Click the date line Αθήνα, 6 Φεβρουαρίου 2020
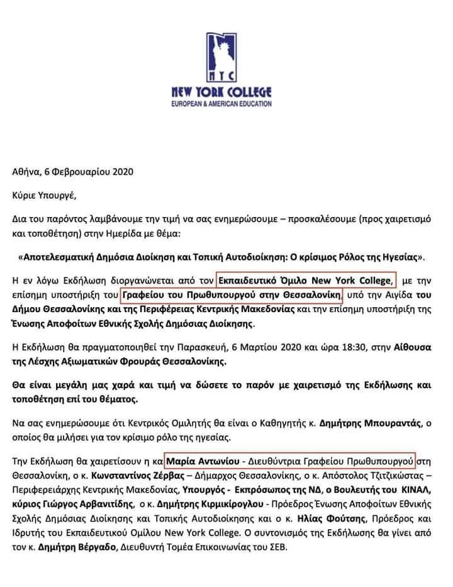point(73,171)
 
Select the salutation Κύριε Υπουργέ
point(44,193)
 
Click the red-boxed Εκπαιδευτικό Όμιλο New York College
point(306,278)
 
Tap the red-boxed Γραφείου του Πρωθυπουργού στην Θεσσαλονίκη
point(230,294)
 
